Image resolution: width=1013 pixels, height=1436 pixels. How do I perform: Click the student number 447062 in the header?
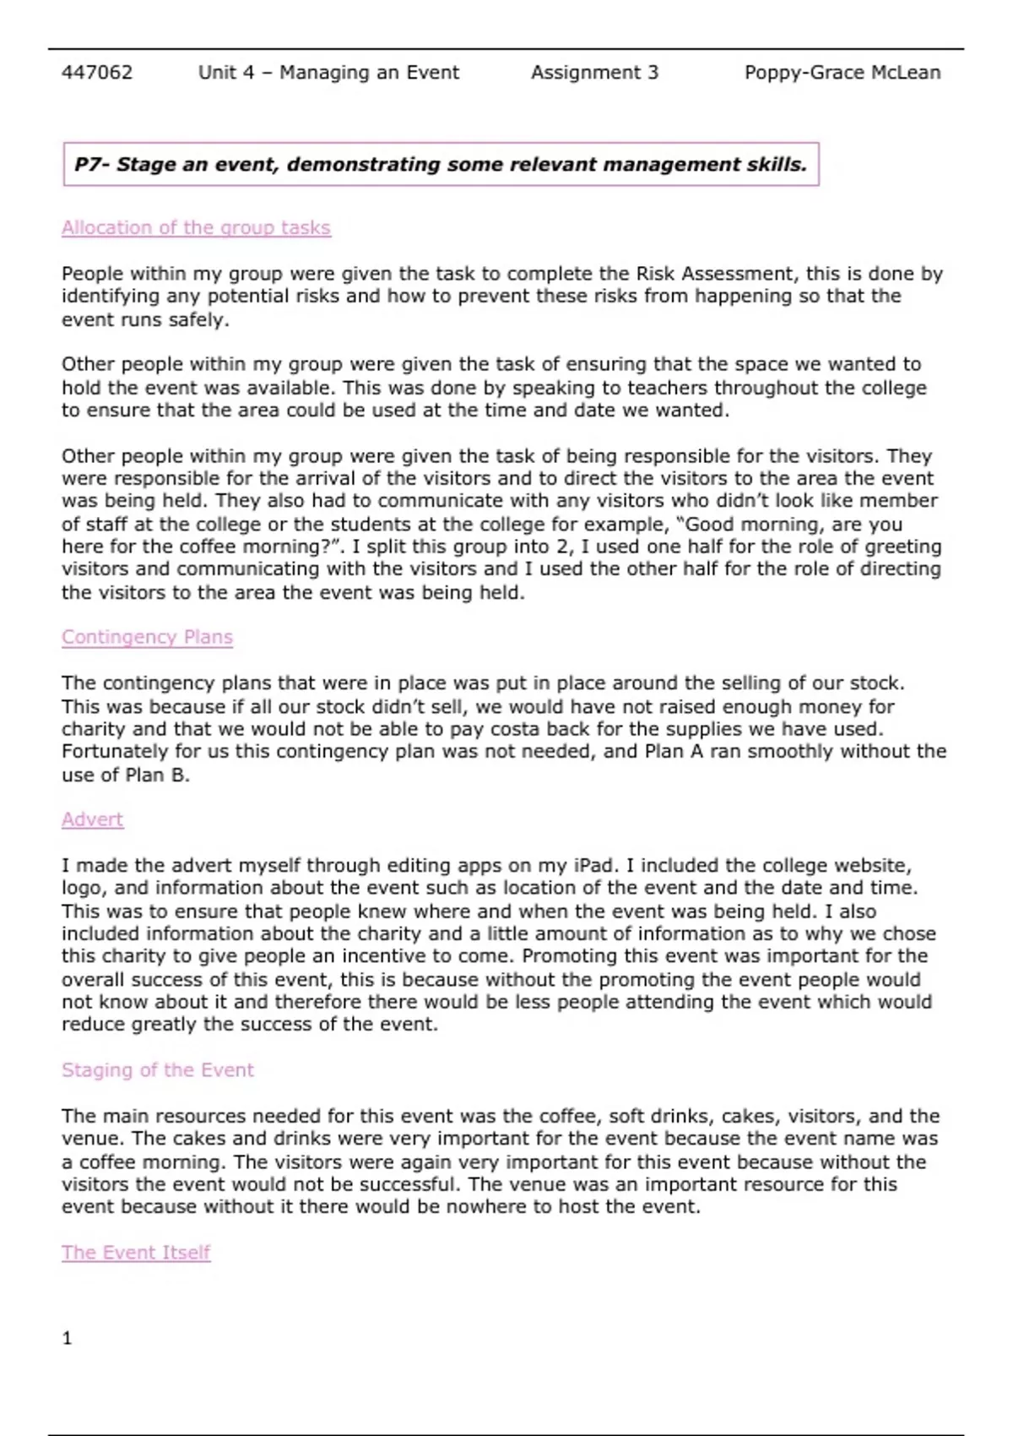[x=97, y=73]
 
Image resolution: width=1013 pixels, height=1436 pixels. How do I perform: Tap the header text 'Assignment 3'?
[x=594, y=73]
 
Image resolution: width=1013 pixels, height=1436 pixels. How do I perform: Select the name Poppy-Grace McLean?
[x=842, y=73]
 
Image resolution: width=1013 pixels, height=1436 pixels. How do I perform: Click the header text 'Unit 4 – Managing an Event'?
[x=328, y=73]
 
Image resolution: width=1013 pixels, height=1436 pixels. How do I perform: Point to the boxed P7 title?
[x=441, y=164]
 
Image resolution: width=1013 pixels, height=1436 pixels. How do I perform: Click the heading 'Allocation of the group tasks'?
[x=196, y=228]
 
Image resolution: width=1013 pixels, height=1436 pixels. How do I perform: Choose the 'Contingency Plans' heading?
[x=147, y=637]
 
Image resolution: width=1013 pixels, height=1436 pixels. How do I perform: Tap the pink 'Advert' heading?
[x=92, y=819]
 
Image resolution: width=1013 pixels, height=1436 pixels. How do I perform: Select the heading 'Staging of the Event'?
[x=157, y=1070]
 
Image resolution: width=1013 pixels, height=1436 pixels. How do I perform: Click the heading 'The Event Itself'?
[x=135, y=1253]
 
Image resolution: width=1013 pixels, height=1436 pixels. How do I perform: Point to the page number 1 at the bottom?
[x=68, y=1338]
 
